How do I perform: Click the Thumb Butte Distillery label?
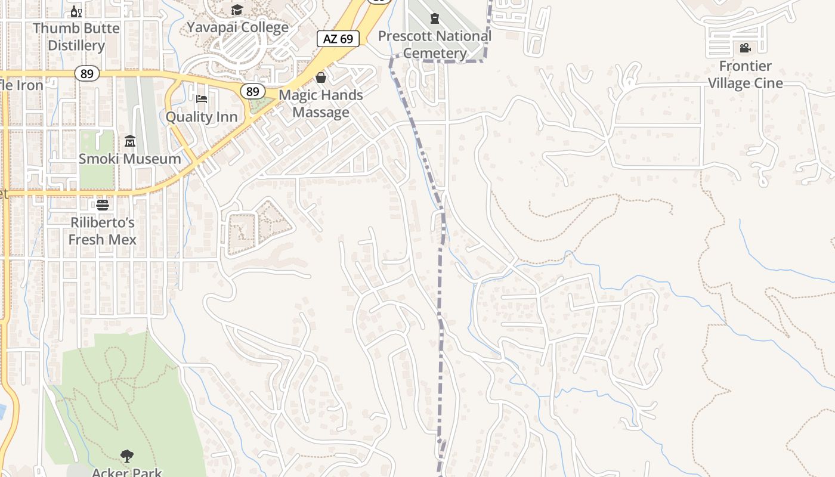76,36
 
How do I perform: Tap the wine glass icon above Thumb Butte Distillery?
76,11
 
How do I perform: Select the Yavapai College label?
237,27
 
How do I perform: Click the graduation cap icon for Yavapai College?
237,10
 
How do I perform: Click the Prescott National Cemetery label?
435,44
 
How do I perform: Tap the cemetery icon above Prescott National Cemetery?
435,19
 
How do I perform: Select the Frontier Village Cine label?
745,75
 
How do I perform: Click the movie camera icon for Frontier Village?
745,48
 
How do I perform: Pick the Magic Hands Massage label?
321,103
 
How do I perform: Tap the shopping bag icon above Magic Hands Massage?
321,78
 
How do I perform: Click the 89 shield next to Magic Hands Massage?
253,91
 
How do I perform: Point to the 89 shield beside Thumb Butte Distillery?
87,73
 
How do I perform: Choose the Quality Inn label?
202,116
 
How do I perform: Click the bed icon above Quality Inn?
202,98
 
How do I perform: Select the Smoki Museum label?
130,159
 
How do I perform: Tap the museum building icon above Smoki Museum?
130,141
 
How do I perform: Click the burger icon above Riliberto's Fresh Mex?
103,205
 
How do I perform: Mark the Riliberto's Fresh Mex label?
103,231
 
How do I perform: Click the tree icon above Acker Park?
126,457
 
